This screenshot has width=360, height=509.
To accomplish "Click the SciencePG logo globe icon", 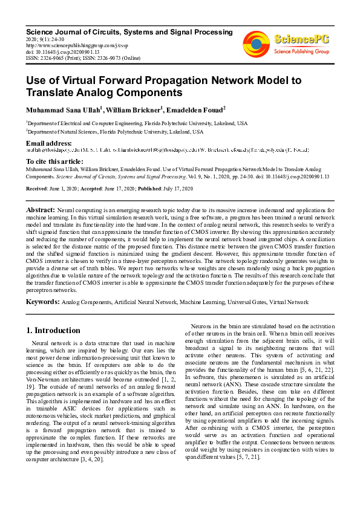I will point(256,44).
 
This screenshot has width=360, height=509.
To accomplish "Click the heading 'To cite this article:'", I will point(55,161).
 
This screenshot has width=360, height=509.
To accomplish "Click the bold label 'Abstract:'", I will point(41,209).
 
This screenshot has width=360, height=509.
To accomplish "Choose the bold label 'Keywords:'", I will point(42,300).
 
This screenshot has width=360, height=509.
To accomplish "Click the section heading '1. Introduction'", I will point(53,331).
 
